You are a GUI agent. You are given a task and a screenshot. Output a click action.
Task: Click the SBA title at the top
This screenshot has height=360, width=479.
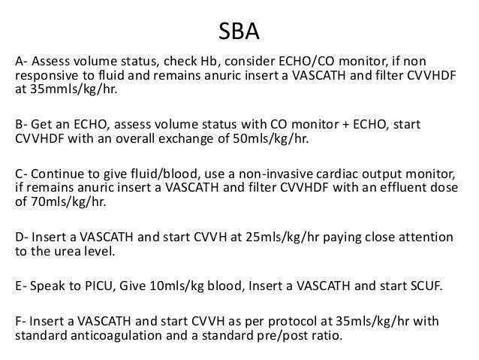pos(239,32)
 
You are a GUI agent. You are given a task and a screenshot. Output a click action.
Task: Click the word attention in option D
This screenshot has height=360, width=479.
pos(427,237)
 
